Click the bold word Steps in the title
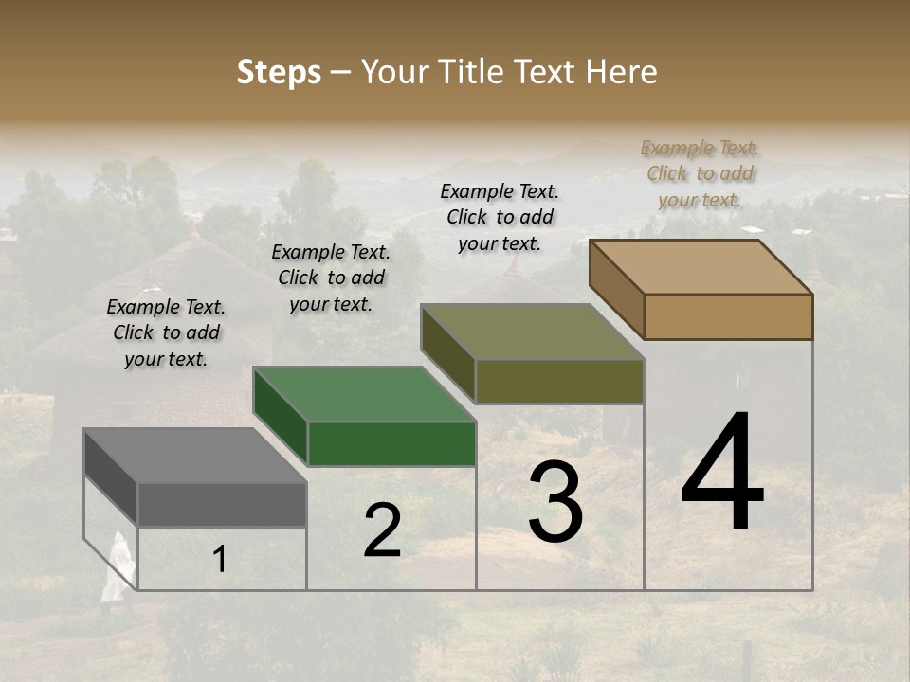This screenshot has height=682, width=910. pyautogui.click(x=279, y=72)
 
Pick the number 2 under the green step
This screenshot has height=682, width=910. pyautogui.click(x=382, y=530)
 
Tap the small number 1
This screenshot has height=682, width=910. pyautogui.click(x=220, y=559)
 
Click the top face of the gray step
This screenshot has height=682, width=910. pyautogui.click(x=194, y=456)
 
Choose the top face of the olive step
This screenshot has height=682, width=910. pyautogui.click(x=532, y=332)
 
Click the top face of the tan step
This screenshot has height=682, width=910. pyautogui.click(x=701, y=267)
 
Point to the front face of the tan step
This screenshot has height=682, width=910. pyautogui.click(x=728, y=316)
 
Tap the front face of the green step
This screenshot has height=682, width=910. pyautogui.click(x=391, y=443)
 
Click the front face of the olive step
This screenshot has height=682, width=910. pyautogui.click(x=559, y=381)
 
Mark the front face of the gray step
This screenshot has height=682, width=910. pyautogui.click(x=222, y=504)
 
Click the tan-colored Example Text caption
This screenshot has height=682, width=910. pyautogui.click(x=700, y=174)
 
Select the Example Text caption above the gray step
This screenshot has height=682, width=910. pyautogui.click(x=166, y=332)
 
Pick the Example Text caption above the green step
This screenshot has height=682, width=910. pyautogui.click(x=331, y=278)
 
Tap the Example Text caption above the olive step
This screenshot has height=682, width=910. pyautogui.click(x=500, y=217)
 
